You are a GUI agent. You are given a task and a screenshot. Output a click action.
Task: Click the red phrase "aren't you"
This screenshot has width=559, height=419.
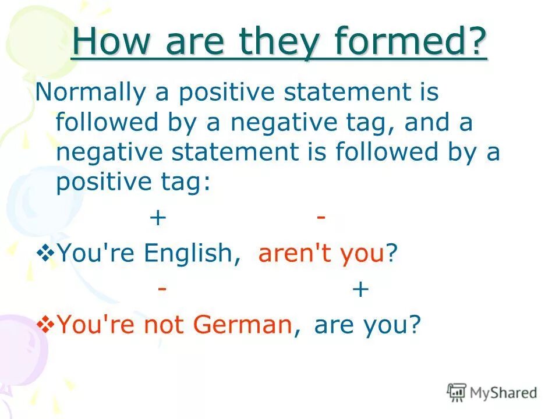[x=321, y=254]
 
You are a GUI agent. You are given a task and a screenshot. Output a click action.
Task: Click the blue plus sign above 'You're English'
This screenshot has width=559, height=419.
[x=158, y=218]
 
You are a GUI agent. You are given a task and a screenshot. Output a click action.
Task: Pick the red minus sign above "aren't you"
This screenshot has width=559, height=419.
[x=321, y=216]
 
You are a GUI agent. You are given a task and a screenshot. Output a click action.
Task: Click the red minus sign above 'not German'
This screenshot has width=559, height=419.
[x=163, y=288]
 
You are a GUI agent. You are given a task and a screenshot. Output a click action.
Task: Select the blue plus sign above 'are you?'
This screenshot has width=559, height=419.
[x=360, y=289]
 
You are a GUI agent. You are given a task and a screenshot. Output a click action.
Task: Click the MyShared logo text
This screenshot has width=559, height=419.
[x=503, y=393]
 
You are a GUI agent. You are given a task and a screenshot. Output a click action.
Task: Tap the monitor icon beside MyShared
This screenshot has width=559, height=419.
[x=457, y=392]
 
